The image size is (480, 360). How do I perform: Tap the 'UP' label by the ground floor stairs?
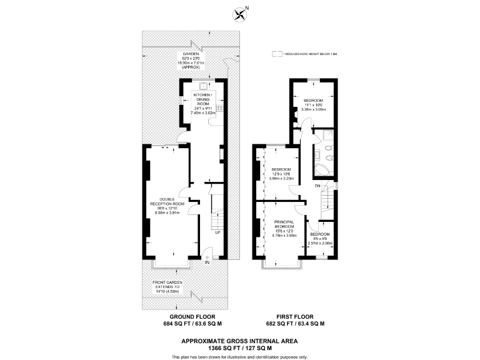click(x=217, y=233)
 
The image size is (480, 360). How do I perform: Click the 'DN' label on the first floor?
click(x=317, y=186)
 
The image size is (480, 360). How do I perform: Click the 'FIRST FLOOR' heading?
click(x=295, y=317)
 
